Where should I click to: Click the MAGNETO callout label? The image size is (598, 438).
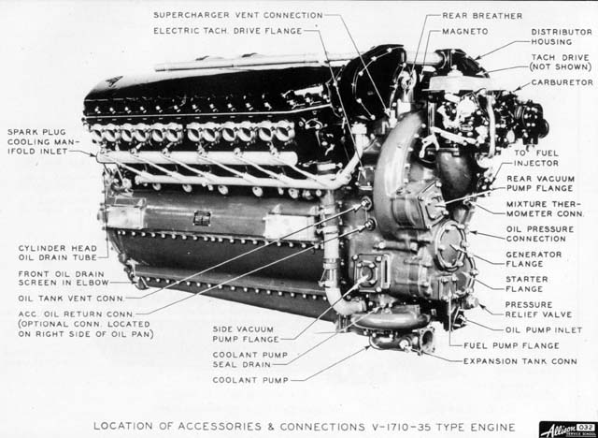(x=465, y=31)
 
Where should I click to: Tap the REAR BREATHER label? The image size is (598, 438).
(x=482, y=16)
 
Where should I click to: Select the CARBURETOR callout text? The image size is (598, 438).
(x=562, y=82)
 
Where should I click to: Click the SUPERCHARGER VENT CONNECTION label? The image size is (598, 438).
(x=238, y=15)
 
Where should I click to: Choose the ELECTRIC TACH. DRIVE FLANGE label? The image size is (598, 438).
(x=228, y=31)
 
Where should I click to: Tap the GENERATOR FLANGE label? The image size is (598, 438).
(x=534, y=259)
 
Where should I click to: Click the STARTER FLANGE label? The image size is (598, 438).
(x=527, y=285)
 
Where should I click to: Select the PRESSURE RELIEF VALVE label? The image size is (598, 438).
(x=538, y=310)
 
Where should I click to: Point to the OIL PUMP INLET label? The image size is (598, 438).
(x=544, y=330)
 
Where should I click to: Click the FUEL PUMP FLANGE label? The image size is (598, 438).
(x=511, y=345)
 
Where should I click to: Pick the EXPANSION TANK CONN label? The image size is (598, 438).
(x=520, y=361)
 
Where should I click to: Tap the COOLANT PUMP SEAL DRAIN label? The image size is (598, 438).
(x=250, y=359)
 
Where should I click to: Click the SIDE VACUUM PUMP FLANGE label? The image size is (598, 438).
(x=247, y=334)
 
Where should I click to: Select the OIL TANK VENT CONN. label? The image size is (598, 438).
(x=71, y=299)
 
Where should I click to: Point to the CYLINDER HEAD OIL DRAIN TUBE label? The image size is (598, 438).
(x=58, y=253)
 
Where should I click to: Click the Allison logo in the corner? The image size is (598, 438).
(x=568, y=430)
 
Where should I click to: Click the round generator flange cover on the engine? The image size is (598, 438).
(x=450, y=245)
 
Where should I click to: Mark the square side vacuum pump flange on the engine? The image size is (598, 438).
(x=367, y=271)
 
